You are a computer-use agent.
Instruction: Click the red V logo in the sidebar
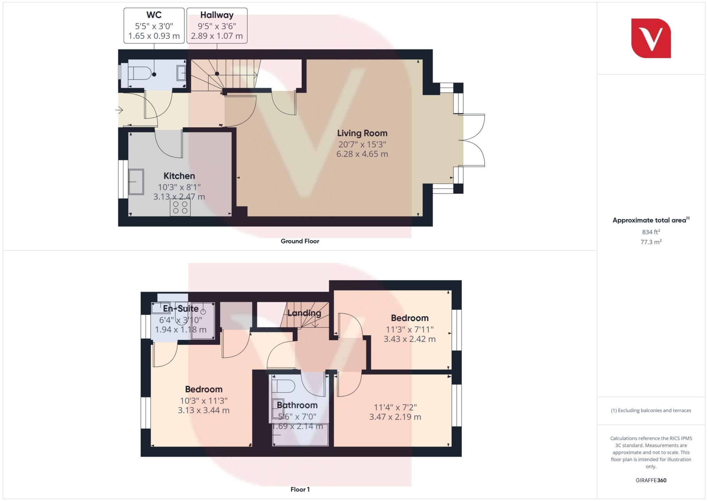point(651,38)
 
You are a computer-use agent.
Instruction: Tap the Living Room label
point(362,133)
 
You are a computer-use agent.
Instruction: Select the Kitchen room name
point(179,176)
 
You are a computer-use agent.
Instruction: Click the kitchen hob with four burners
point(180,207)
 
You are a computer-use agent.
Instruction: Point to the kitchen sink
point(136,182)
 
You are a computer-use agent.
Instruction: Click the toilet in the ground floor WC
point(140,74)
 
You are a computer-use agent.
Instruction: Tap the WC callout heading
point(154,15)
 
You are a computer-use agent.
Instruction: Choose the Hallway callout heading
point(217,15)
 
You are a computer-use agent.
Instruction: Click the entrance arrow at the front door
point(119,110)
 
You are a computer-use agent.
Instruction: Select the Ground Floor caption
point(300,241)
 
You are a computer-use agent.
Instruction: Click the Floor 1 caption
point(300,490)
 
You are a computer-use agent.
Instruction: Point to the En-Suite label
point(181,309)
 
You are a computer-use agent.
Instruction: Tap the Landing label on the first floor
point(304,313)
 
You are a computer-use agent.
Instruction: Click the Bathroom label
point(297,405)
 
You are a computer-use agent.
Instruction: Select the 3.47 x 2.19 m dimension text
point(395,417)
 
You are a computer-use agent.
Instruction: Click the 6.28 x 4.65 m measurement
point(362,154)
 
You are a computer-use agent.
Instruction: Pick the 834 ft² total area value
point(651,232)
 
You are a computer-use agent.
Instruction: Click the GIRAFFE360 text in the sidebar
point(651,480)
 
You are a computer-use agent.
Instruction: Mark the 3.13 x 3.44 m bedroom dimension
point(204,410)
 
